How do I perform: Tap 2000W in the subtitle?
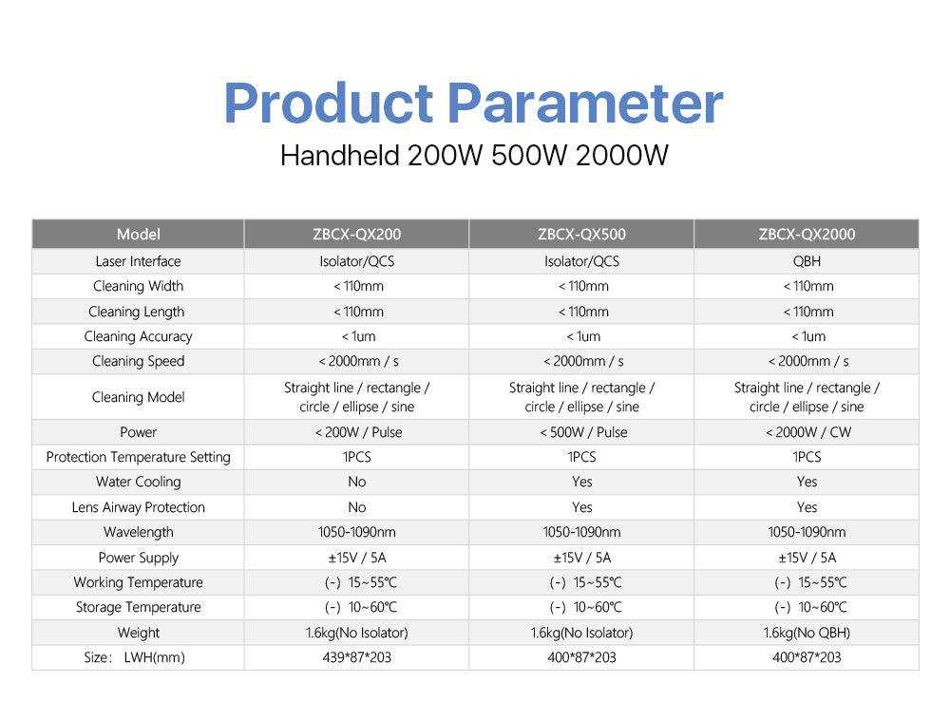pyautogui.click(x=621, y=156)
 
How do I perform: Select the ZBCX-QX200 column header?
pyautogui.click(x=357, y=235)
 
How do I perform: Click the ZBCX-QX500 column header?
pyautogui.click(x=581, y=235)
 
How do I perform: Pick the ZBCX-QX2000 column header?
pyautogui.click(x=807, y=235)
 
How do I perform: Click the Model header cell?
pyautogui.click(x=138, y=235)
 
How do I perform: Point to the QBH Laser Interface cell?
pyautogui.click(x=807, y=261)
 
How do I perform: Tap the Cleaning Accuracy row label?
pyautogui.click(x=138, y=337)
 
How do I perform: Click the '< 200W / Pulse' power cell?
pyautogui.click(x=358, y=432)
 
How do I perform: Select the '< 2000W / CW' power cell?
pyautogui.click(x=808, y=432)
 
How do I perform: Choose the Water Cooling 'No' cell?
pyautogui.click(x=357, y=483)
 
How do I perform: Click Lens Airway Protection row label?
pyautogui.click(x=138, y=507)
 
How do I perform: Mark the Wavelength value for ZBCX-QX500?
pyautogui.click(x=581, y=532)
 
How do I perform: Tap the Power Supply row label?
pyautogui.click(x=138, y=558)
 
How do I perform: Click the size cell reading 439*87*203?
pyautogui.click(x=357, y=657)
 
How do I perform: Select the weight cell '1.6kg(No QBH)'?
pyautogui.click(x=807, y=633)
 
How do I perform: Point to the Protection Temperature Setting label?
pyautogui.click(x=138, y=457)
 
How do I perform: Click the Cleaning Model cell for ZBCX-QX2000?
pyautogui.click(x=807, y=397)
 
